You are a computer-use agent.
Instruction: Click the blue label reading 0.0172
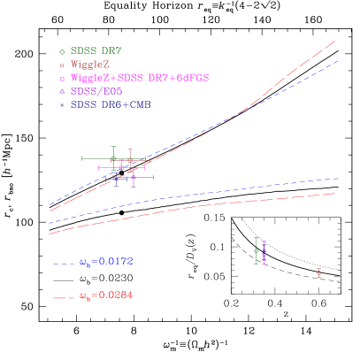click(105, 262)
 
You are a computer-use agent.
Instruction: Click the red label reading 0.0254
click(105, 295)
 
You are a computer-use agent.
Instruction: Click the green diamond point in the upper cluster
click(113, 158)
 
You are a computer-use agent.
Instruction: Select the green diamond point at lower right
click(256, 251)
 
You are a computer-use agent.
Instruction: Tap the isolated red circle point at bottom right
click(318, 273)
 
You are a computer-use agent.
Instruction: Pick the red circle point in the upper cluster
click(130, 160)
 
